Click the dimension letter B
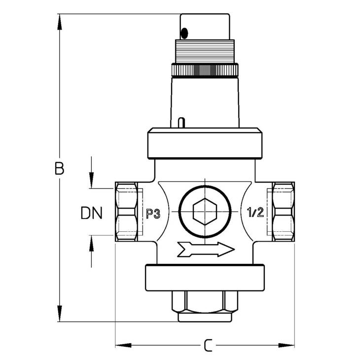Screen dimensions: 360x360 pyautogui.click(x=59, y=169)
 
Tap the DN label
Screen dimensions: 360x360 pyautogui.click(x=91, y=213)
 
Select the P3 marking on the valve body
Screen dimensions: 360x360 pyautogui.click(x=153, y=213)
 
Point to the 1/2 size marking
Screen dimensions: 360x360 pyautogui.click(x=254, y=213)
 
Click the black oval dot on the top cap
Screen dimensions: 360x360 pyautogui.click(x=184, y=33)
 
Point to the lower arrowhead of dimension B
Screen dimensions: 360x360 pyautogui.click(x=60, y=314)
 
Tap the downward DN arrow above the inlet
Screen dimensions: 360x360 pyautogui.click(x=91, y=180)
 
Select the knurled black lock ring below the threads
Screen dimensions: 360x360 pyautogui.click(x=205, y=70)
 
